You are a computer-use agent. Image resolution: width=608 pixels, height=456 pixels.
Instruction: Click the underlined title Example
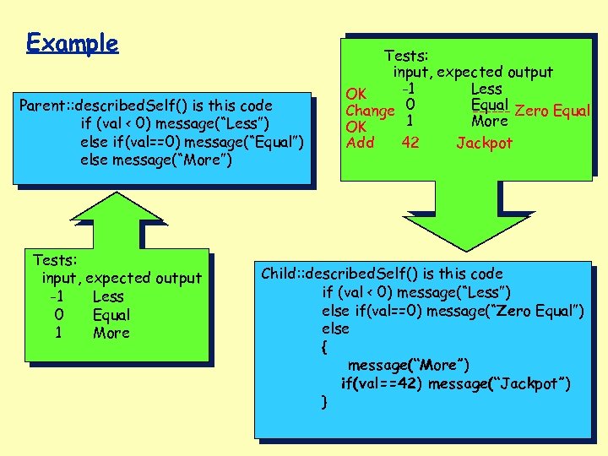pyautogui.click(x=72, y=43)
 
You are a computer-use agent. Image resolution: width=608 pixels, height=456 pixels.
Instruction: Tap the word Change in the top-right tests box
pyautogui.click(x=371, y=111)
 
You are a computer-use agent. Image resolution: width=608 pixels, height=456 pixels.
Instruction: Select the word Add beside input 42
pyautogui.click(x=361, y=142)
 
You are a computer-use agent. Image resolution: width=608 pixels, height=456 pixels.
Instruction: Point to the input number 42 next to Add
pyautogui.click(x=410, y=142)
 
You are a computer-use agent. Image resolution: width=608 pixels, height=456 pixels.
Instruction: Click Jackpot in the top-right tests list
pyautogui.click(x=484, y=143)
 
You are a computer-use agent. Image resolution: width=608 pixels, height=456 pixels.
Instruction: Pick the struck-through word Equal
pyautogui.click(x=490, y=106)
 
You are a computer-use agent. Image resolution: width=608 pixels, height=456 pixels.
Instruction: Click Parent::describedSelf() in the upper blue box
pyautogui.click(x=91, y=106)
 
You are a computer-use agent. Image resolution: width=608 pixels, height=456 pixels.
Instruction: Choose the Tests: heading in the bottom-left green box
pyautogui.click(x=55, y=259)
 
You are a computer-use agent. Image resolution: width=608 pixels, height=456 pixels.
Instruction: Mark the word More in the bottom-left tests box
pyautogui.click(x=111, y=333)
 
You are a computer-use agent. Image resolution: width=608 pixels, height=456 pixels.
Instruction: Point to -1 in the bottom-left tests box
pyautogui.click(x=57, y=296)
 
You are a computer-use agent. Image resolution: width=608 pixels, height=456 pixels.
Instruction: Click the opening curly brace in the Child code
pyautogui.click(x=325, y=346)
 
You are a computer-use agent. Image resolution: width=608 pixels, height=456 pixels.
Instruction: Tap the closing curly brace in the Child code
pyautogui.click(x=325, y=401)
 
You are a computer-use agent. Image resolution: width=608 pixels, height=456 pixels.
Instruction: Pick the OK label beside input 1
pyautogui.click(x=356, y=127)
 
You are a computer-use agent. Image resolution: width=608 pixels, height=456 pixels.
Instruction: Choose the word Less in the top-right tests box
pyautogui.click(x=486, y=89)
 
